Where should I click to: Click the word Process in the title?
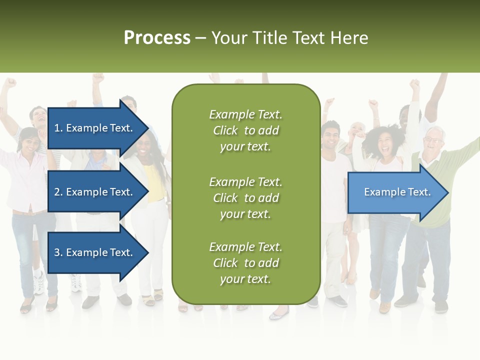point(157,38)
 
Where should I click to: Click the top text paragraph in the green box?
point(245,130)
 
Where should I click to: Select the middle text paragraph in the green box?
point(245,198)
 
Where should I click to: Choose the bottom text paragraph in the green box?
point(245,263)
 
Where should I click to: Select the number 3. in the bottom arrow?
point(58,252)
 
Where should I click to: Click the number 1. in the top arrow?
point(58,128)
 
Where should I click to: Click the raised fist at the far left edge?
point(10,83)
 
